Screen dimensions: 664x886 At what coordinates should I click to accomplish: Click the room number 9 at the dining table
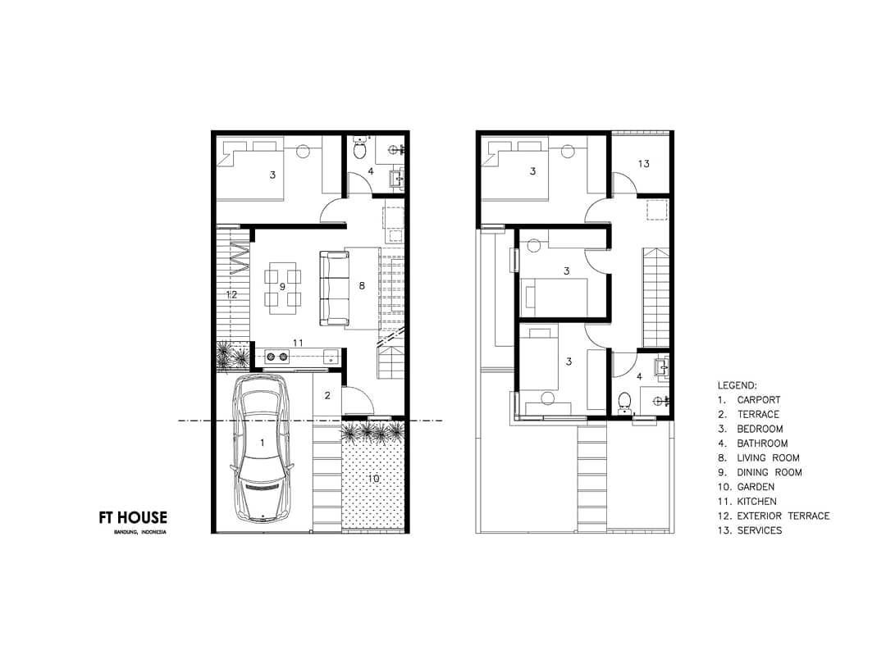pos(282,287)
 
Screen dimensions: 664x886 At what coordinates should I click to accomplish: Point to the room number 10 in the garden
pos(373,478)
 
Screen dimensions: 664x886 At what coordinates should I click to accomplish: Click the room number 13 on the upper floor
pos(643,164)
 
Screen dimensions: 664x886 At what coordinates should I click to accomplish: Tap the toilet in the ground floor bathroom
pos(359,151)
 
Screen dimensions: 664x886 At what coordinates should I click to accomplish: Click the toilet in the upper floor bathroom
pos(623,402)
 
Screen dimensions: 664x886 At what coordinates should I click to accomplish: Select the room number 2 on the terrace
pos(327,396)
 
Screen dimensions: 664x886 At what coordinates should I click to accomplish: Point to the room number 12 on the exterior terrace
pos(231,293)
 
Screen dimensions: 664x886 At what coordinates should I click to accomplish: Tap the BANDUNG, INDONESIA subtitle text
pos(141,532)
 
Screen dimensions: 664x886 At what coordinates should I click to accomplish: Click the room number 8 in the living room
pos(361,286)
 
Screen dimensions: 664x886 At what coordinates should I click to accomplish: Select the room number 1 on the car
pos(263,442)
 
